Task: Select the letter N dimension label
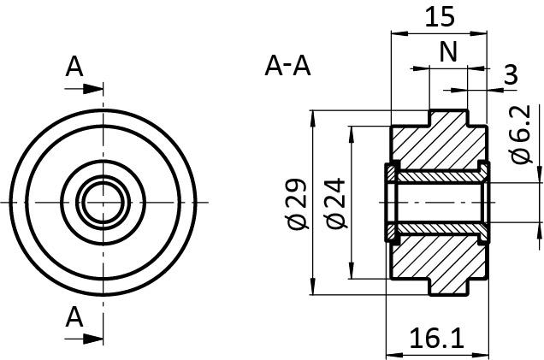(x=448, y=52)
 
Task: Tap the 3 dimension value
(x=511, y=75)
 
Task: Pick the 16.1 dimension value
(x=438, y=339)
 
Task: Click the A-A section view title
(x=288, y=65)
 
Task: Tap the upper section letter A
(x=74, y=66)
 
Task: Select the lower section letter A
(x=74, y=317)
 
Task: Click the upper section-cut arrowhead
(x=93, y=87)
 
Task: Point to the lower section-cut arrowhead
(x=93, y=339)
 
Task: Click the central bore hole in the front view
(x=103, y=202)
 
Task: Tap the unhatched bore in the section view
(x=436, y=202)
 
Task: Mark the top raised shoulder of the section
(x=448, y=117)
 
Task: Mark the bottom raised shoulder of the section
(x=448, y=286)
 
